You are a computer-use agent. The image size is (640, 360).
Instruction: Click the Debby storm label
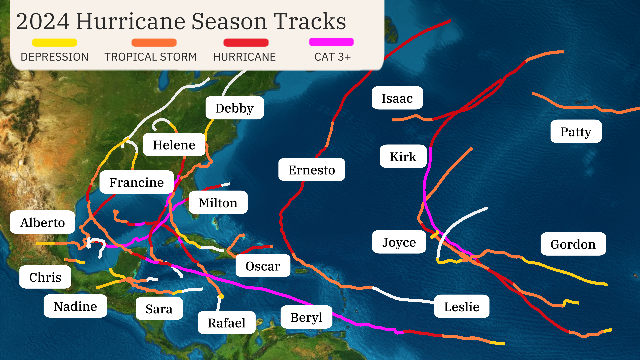click(x=234, y=108)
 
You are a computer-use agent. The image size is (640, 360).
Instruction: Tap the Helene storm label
click(x=174, y=145)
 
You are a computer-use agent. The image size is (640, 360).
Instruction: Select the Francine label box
click(x=136, y=182)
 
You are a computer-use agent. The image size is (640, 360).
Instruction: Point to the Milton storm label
click(x=218, y=203)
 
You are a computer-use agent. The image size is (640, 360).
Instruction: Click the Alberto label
click(x=42, y=222)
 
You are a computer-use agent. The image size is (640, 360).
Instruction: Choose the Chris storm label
click(x=45, y=277)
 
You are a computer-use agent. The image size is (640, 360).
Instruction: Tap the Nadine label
click(x=75, y=306)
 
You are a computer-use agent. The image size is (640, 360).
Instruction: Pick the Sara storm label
click(x=159, y=309)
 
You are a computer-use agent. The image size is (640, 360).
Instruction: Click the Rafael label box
click(x=226, y=323)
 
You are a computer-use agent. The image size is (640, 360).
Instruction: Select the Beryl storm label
click(x=306, y=317)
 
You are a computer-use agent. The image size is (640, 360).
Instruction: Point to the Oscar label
click(x=263, y=266)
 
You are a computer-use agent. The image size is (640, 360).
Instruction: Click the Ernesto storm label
click(x=311, y=170)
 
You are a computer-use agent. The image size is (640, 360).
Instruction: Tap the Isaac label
click(x=397, y=98)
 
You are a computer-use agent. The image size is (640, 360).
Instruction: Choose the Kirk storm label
click(x=403, y=156)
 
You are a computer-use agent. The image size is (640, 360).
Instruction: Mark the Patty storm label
click(x=576, y=132)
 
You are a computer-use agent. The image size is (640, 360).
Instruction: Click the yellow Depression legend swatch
click(x=54, y=43)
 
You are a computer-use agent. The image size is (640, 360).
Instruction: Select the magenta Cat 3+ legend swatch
click(x=331, y=42)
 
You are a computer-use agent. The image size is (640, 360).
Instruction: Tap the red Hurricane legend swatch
click(x=246, y=43)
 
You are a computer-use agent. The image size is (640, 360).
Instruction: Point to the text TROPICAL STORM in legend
click(x=151, y=57)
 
